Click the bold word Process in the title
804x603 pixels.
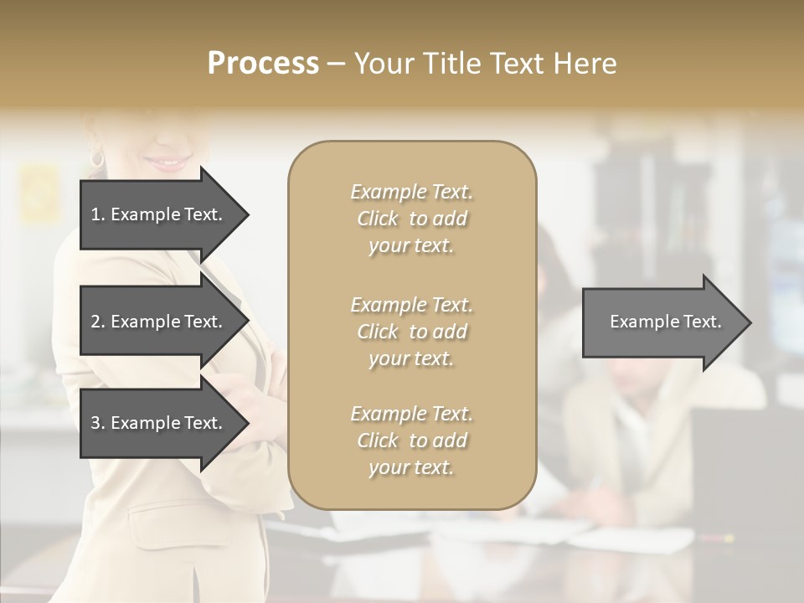tap(263, 64)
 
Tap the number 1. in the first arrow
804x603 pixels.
tap(97, 214)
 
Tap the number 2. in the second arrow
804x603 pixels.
tap(97, 322)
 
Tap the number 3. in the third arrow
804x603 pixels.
tap(97, 423)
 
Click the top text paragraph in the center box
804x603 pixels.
tap(411, 219)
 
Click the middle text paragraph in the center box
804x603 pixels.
tap(411, 332)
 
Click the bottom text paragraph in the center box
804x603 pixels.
tap(411, 441)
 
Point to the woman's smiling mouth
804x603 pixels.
tap(172, 162)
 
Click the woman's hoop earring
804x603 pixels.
tap(97, 157)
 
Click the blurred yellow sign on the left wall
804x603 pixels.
tap(39, 193)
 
